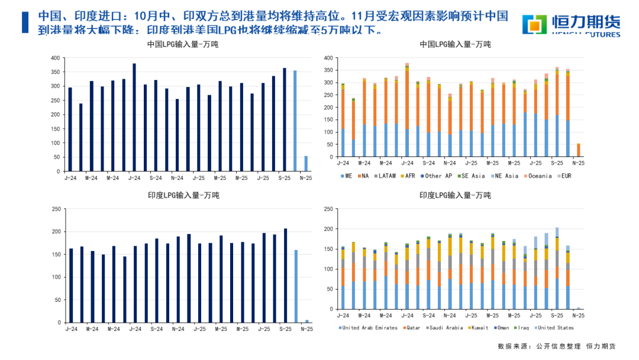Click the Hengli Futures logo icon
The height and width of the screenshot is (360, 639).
(535, 23)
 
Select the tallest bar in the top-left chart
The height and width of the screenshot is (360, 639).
(134, 117)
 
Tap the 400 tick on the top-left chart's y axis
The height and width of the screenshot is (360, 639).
(55, 58)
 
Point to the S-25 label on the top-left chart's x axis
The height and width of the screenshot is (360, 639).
(285, 177)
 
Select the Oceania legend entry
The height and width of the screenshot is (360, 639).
(538, 176)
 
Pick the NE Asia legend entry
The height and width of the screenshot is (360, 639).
(505, 176)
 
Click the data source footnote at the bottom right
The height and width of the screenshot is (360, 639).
(556, 346)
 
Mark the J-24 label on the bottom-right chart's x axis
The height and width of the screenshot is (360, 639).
(343, 316)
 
